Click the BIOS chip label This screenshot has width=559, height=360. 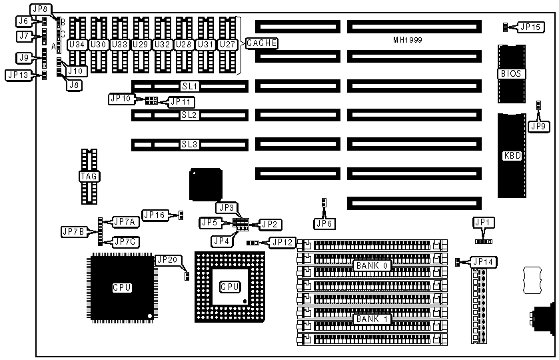510,73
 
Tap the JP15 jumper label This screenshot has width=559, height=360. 530,27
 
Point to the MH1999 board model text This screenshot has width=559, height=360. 408,41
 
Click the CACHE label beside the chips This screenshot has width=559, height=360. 262,43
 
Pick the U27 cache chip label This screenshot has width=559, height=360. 228,44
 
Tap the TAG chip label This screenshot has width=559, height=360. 89,177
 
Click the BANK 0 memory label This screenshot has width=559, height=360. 372,265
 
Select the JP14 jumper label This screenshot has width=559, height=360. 483,262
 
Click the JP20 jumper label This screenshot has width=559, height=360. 167,260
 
